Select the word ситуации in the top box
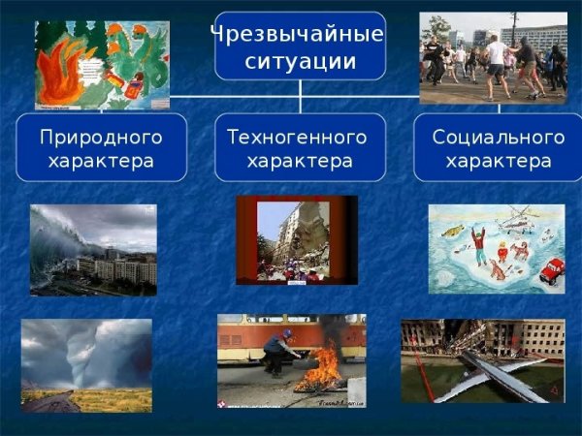[300, 62]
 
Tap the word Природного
[101, 137]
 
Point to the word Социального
[497, 137]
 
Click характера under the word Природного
[101, 160]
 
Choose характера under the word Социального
[497, 160]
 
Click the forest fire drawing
[101, 65]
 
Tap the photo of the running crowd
[494, 57]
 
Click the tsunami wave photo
[92, 249]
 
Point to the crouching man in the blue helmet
[278, 352]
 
